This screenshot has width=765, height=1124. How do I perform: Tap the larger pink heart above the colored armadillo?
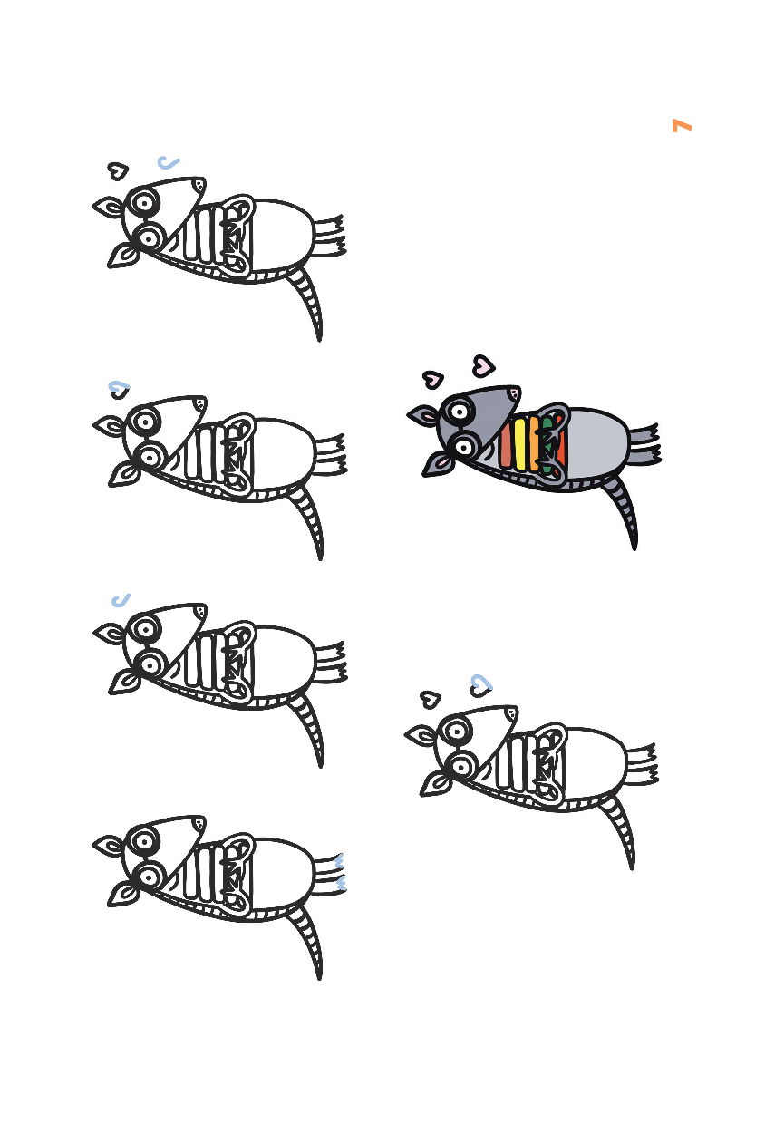click(484, 365)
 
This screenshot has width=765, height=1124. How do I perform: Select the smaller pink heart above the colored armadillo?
click(433, 379)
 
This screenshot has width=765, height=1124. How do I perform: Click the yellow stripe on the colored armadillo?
click(520, 444)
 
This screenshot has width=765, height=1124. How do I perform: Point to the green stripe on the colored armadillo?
click(547, 446)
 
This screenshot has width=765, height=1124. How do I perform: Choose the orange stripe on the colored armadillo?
click(534, 443)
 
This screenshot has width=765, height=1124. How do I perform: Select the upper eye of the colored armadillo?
click(459, 412)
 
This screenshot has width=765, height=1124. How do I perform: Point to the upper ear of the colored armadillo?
click(423, 415)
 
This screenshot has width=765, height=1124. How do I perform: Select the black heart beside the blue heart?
click(431, 699)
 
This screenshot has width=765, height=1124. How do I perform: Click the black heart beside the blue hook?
click(118, 170)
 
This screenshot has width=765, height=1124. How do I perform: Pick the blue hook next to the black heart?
click(168, 162)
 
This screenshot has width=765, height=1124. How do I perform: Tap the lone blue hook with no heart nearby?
click(121, 600)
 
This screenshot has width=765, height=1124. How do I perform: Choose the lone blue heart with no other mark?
click(120, 389)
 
